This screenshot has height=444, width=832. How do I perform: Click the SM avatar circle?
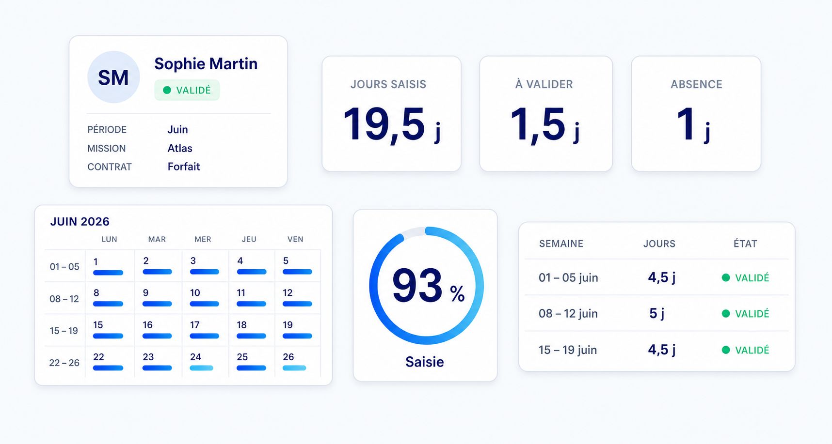coord(113,77)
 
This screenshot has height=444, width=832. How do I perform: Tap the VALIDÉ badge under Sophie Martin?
coord(187,90)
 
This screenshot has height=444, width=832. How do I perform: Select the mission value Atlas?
coord(180,148)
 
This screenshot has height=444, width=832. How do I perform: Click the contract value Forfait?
coord(184,167)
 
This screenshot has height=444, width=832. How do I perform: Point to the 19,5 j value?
coord(392,124)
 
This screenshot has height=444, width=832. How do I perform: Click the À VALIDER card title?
coord(544,84)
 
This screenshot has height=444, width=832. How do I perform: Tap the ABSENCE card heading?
coord(696,84)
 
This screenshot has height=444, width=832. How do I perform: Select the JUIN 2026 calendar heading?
coord(80,221)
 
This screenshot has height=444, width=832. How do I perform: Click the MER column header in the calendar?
coord(203,239)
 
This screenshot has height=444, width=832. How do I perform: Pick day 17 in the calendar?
coord(195,325)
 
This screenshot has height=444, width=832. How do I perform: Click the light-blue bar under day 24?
coord(201,368)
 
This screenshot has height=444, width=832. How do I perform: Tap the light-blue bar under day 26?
coord(294,368)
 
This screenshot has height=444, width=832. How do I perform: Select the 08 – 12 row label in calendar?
coord(64,299)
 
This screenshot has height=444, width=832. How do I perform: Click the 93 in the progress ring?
coord(417,285)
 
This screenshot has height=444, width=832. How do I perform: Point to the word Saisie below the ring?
coord(425,362)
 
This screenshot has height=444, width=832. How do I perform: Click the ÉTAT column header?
coord(745,244)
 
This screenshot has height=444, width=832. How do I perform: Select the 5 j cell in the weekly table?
coord(657,313)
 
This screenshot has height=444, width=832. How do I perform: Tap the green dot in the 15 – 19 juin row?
coord(726,350)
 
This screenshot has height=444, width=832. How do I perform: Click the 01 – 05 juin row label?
coord(568,277)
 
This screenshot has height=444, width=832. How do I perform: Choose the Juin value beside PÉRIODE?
coord(177,129)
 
